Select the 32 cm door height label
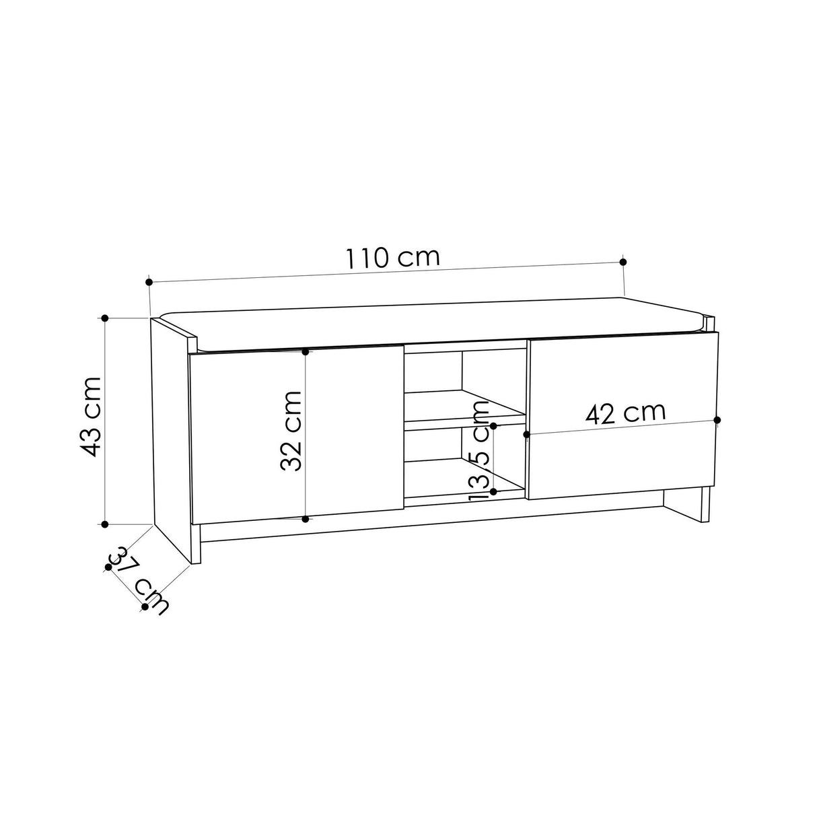pos(291,431)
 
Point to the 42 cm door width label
pos(625,412)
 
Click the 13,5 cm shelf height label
pos(478,450)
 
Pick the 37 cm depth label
pos(138,581)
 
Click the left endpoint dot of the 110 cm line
pos(149,283)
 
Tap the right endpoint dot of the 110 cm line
pos(623,262)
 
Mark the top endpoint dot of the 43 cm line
pos(105,318)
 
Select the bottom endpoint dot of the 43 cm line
pos(105,524)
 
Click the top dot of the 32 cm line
pos(306,351)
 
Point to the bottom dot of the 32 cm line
pos(306,519)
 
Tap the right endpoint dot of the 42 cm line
pos(717,420)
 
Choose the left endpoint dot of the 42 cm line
pos(527,435)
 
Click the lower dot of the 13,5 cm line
pos(493,492)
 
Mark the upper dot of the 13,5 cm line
pos(493,426)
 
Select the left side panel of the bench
pos(171,437)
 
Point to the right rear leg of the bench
pos(705,505)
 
